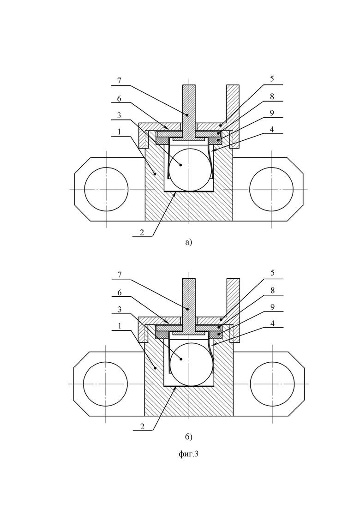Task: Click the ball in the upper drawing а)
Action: [x=189, y=170]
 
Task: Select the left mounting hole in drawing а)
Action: [x=107, y=189]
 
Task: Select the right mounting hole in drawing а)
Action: [x=271, y=189]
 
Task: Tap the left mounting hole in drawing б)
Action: [x=105, y=383]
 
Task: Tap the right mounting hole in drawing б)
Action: [x=272, y=383]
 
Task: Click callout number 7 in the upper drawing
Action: [x=119, y=81]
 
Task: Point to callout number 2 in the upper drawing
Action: [x=142, y=233]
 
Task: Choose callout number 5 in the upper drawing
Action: [x=272, y=79]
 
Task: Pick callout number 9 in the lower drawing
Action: [x=272, y=307]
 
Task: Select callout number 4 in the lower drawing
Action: [x=272, y=323]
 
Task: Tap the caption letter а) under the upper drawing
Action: [x=189, y=242]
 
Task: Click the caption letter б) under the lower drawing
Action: [x=189, y=437]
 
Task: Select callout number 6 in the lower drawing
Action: [x=119, y=293]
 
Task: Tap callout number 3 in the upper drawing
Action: [x=119, y=115]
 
